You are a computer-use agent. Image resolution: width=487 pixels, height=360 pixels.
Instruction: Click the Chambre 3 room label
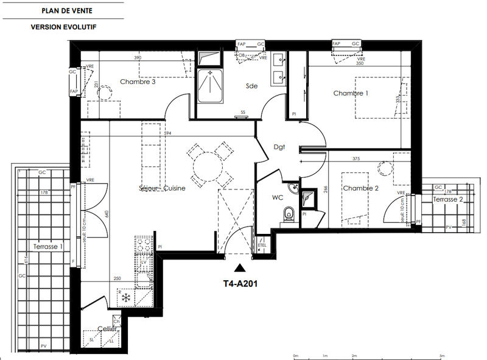click(x=138, y=82)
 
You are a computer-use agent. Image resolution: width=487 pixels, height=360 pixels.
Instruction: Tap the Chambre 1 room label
click(x=351, y=93)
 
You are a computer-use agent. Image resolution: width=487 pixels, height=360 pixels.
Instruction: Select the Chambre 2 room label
click(x=360, y=189)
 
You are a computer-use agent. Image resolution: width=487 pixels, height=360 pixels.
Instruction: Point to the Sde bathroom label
click(x=252, y=86)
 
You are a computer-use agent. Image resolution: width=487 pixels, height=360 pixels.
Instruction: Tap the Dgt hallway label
click(x=279, y=147)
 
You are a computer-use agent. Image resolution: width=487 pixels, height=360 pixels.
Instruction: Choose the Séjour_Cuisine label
click(x=162, y=188)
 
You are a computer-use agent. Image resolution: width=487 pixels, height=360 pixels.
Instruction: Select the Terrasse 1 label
click(x=49, y=247)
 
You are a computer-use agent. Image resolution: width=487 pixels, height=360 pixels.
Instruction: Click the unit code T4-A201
click(x=242, y=282)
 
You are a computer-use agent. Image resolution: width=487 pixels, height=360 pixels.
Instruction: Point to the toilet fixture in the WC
click(x=289, y=214)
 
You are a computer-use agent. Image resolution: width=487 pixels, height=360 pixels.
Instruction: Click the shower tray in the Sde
click(x=211, y=85)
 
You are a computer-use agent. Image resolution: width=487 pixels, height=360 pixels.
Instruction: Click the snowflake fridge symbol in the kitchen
click(x=126, y=298)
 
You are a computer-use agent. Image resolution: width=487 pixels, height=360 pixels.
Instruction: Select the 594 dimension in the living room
click(x=167, y=133)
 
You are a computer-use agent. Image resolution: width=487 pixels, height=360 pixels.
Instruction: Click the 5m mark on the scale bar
click(x=443, y=355)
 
